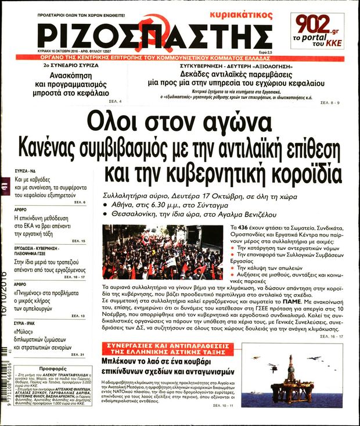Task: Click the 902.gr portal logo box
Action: click(321, 30)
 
